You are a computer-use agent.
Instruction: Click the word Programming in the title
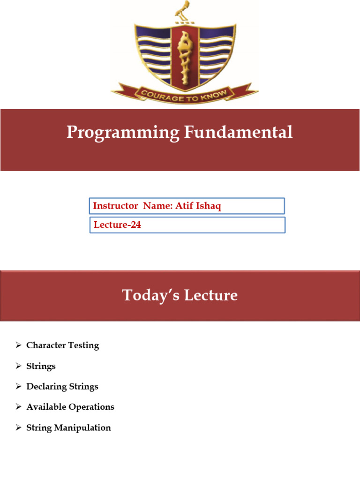[x=122, y=133]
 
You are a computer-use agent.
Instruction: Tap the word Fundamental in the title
[x=238, y=132]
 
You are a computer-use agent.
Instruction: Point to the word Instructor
[x=115, y=206]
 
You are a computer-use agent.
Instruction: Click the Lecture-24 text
[x=117, y=225]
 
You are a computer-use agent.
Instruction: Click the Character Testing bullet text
[x=62, y=345]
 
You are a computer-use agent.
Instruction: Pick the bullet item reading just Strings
[x=41, y=366]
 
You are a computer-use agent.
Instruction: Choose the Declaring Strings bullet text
[x=62, y=387]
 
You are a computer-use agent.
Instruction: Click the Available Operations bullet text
[x=70, y=407]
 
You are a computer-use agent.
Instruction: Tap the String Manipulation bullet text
[x=68, y=427]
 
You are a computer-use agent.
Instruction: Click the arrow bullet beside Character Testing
[x=18, y=345]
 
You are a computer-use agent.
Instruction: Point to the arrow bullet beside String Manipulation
[x=18, y=427]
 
